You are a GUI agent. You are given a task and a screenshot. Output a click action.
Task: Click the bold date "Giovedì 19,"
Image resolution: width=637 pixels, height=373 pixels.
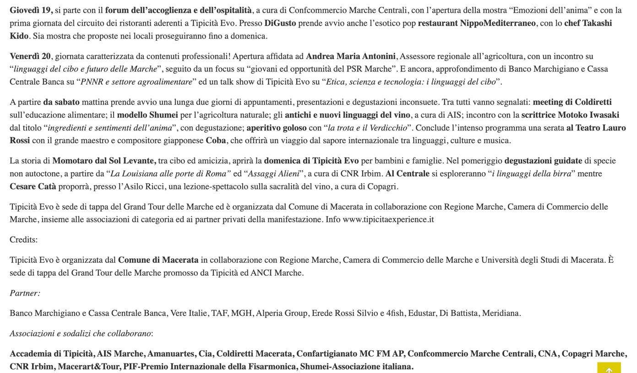[x=31, y=10]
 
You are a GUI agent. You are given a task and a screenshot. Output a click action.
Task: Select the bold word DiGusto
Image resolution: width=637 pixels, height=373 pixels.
[x=280, y=23]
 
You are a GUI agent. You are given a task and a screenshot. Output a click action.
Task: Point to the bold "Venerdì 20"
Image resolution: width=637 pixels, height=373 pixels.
[x=30, y=56]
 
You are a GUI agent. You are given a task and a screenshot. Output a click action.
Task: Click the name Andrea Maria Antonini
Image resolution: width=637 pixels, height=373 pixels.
[x=350, y=56]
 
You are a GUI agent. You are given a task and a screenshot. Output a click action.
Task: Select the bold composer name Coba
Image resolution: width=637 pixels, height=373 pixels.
[x=216, y=141]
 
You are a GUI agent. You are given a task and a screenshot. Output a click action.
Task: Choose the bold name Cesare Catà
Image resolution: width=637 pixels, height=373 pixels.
[x=33, y=186]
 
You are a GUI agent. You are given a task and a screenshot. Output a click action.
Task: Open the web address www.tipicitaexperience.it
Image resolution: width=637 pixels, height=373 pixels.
[x=388, y=219]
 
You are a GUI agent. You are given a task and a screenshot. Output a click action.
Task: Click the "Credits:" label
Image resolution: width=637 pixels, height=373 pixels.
[x=24, y=239]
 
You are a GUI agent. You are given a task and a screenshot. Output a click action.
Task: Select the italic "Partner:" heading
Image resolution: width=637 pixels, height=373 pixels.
[x=25, y=293]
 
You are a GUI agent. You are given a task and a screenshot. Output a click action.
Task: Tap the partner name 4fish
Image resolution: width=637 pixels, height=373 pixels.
[x=395, y=313]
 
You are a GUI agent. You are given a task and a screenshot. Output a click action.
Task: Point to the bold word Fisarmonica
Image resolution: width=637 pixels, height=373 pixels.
[x=270, y=366]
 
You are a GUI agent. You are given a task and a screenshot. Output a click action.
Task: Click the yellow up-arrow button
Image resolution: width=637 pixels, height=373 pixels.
[x=609, y=368]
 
